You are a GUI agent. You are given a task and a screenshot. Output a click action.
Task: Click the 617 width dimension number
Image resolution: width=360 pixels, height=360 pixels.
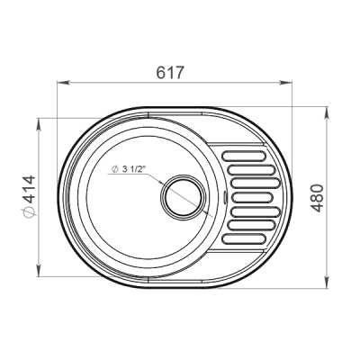tap(169, 73)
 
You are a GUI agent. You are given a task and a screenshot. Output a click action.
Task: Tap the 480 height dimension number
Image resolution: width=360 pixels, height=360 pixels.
tap(317, 198)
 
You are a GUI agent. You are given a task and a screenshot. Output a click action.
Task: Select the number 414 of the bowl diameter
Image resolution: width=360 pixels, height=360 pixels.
tap(30, 190)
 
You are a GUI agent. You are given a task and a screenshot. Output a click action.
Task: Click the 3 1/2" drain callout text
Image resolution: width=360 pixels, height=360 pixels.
tap(133, 169)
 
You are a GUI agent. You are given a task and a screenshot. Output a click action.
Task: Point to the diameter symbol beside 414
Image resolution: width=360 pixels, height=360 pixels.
tap(30, 211)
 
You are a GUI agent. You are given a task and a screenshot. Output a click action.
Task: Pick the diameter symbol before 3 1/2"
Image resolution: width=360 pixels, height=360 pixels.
tap(114, 169)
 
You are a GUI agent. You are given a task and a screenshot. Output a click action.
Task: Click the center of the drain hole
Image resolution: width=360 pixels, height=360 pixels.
tap(184, 195)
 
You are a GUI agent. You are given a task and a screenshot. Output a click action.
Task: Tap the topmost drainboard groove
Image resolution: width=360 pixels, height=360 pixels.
tap(244, 156)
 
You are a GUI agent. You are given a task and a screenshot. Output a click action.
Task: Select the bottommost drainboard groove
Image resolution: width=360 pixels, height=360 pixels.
tap(244, 238)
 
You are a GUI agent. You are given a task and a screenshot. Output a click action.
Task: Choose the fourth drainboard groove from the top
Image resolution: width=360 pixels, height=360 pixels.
tap(253, 197)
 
